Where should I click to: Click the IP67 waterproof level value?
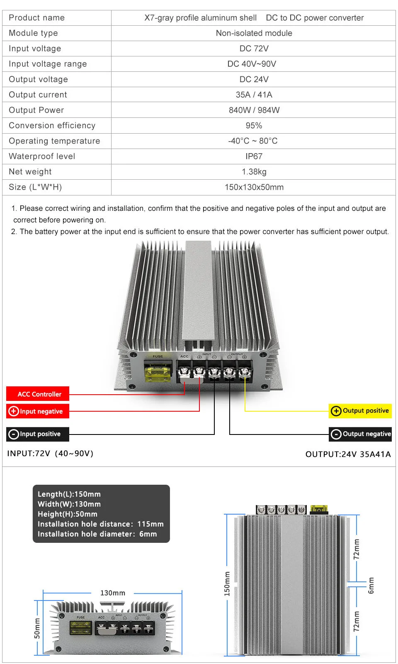[254, 156]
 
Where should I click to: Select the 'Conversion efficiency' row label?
[52, 126]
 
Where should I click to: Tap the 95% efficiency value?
[254, 126]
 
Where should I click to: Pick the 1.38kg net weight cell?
[254, 172]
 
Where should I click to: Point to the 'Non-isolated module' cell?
[254, 33]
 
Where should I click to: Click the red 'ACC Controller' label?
[38, 394]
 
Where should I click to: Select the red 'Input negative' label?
[37, 411]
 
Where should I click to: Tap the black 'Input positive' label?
[37, 434]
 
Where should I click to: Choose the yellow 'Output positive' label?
[360, 411]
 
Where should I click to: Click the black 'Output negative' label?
[360, 434]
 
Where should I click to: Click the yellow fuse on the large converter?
[158, 371]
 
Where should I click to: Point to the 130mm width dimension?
[112, 593]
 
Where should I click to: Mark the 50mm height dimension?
[37, 628]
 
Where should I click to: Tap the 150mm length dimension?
[227, 583]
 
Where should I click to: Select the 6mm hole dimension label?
[371, 585]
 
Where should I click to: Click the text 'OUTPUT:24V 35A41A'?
[348, 454]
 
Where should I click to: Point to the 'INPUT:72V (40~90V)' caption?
[50, 454]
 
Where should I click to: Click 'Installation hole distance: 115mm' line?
[100, 524]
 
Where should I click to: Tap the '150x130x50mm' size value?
[254, 187]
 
